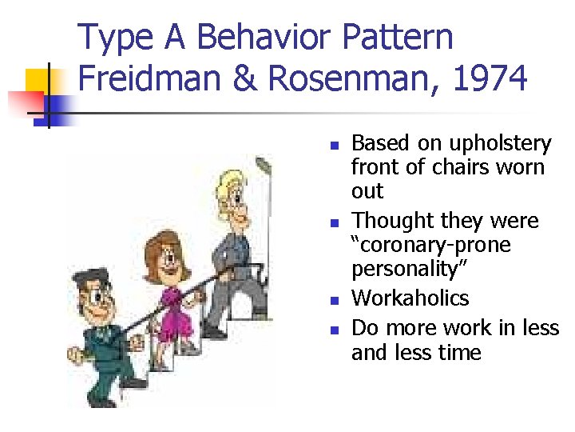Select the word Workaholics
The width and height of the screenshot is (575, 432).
point(410,298)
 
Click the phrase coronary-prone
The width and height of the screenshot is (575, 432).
point(431,244)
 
